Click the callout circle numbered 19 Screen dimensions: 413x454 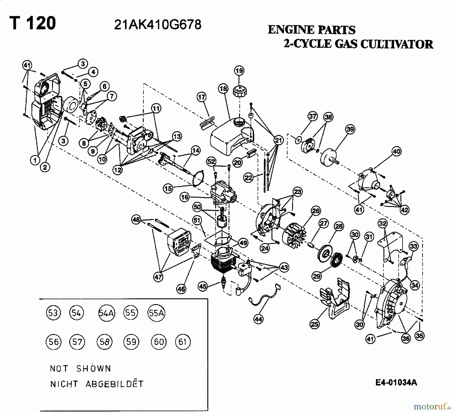(239, 70)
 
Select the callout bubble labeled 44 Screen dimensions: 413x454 (258, 319)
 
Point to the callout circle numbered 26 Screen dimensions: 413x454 (316, 211)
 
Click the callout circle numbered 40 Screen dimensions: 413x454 (396, 152)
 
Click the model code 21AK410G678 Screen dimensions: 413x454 (158, 25)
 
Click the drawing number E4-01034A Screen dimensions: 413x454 (396, 383)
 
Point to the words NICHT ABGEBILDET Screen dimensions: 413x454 (97, 384)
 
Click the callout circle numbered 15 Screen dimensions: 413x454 (168, 188)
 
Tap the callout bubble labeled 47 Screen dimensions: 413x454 (158, 277)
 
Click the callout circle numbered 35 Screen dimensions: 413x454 (419, 336)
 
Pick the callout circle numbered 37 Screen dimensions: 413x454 (313, 116)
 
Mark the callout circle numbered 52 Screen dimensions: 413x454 (211, 161)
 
